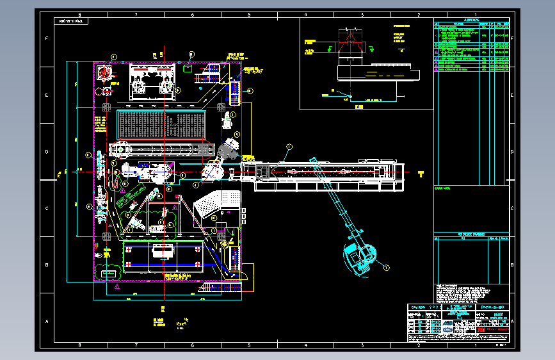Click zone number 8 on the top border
click(x=79, y=15)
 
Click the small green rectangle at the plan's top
click(x=187, y=65)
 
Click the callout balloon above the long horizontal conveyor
click(x=288, y=147)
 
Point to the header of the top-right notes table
click(x=472, y=21)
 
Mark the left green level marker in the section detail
click(x=310, y=48)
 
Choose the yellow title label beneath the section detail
click(x=358, y=106)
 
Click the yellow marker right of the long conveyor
click(x=421, y=173)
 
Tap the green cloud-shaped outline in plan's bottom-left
click(x=109, y=272)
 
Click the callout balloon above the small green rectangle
click(x=190, y=54)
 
